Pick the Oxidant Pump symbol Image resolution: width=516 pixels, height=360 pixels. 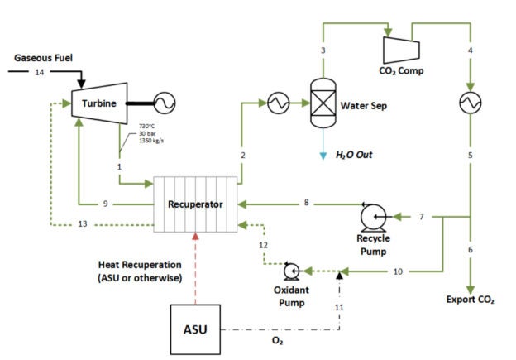291,271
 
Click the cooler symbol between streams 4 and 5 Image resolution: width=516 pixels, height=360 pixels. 471,103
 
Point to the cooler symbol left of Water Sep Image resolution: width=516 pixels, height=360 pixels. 275,103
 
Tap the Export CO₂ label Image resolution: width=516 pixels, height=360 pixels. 470,299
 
